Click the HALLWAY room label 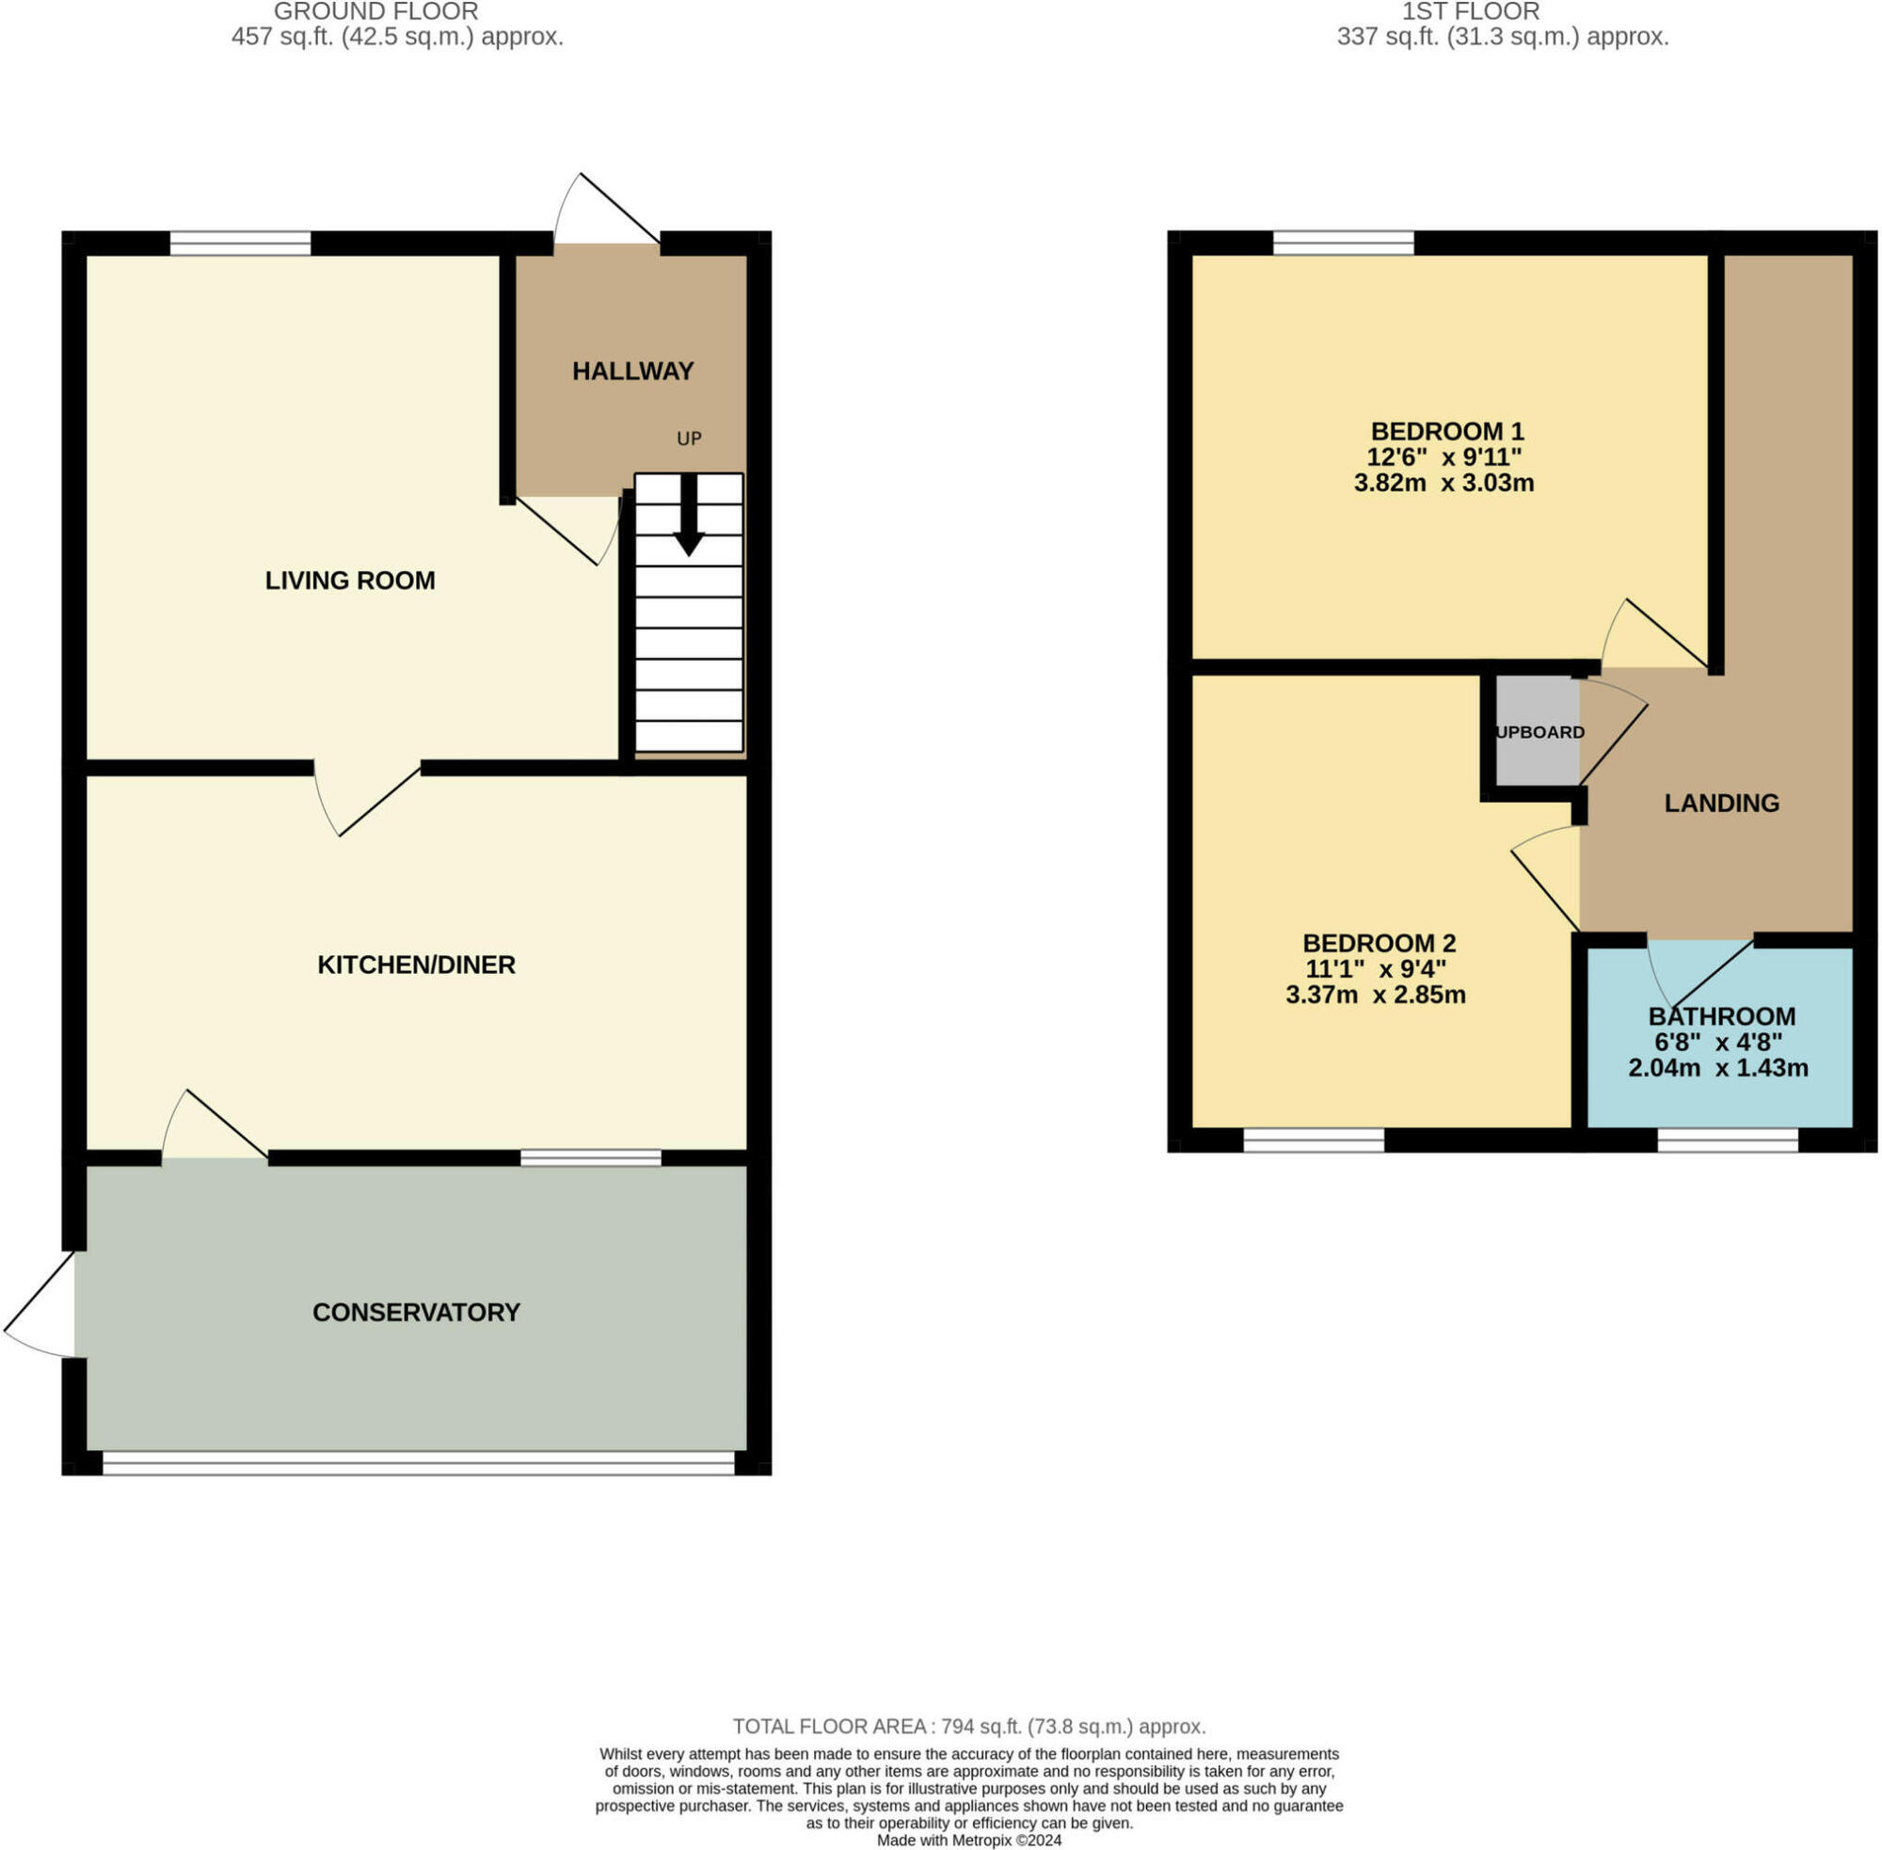click(x=632, y=371)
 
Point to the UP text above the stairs click(x=689, y=439)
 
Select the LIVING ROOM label click(x=350, y=580)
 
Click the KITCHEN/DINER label click(x=416, y=965)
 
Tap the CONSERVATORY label click(x=416, y=1313)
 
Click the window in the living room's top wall click(x=240, y=243)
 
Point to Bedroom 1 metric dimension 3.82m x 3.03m click(x=1443, y=483)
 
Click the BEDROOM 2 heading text click(x=1379, y=943)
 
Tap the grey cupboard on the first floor click(x=1537, y=732)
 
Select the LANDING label click(x=1722, y=803)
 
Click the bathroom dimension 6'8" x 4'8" click(x=1718, y=1043)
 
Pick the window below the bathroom click(x=1728, y=1140)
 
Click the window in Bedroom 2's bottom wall click(x=1314, y=1140)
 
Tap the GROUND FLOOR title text click(x=376, y=11)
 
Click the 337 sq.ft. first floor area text click(x=1502, y=37)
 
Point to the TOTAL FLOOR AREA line click(x=968, y=1727)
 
